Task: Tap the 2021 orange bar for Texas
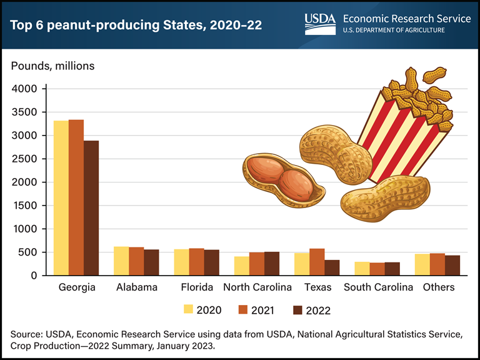click(317, 262)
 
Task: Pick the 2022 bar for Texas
click(332, 267)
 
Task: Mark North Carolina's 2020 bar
click(242, 266)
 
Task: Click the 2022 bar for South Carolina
click(392, 269)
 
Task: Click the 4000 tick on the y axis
click(25, 89)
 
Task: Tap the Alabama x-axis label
click(136, 287)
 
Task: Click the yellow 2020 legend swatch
click(189, 309)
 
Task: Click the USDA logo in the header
click(320, 24)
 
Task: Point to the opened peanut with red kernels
click(284, 181)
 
